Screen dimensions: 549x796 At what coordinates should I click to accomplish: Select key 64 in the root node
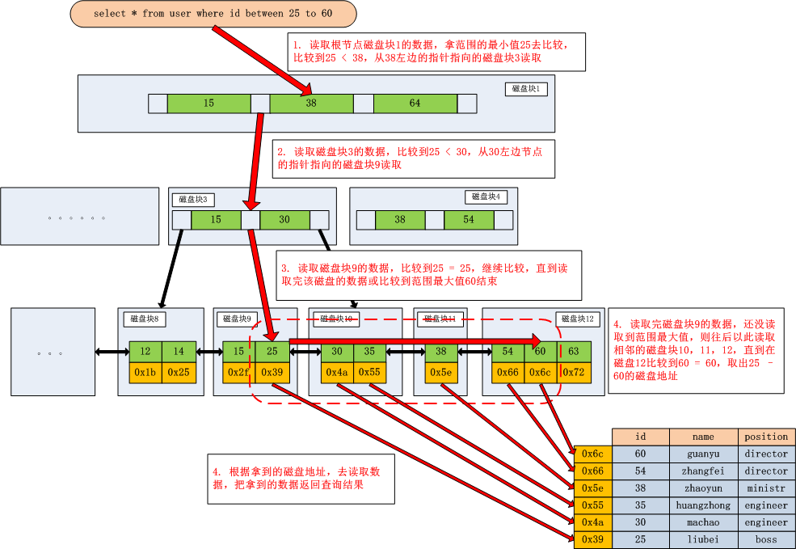pos(415,103)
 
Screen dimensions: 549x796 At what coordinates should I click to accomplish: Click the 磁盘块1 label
pos(530,89)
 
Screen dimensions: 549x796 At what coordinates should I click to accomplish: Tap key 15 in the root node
pos(208,103)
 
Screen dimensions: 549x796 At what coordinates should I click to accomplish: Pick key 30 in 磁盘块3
pos(284,220)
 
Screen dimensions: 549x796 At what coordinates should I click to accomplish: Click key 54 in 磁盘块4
pos(469,220)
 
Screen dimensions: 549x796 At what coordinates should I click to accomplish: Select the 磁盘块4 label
pos(486,196)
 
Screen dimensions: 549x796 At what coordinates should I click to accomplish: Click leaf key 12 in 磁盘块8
pos(145,352)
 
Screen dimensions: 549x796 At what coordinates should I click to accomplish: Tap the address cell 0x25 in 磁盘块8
pos(179,372)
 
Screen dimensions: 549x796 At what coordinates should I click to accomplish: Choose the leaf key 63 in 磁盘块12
pos(573,352)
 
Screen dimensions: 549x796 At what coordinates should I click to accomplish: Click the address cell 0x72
pos(573,372)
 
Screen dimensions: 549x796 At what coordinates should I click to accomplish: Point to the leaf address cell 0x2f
pos(238,372)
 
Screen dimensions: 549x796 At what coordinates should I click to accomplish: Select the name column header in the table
pos(703,437)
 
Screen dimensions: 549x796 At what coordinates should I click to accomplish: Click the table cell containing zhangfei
pos(703,471)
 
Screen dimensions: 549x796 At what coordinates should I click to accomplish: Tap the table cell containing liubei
pos(703,539)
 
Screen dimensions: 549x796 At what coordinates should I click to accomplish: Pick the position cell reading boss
pos(766,539)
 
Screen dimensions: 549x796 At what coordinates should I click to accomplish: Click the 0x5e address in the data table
pos(593,488)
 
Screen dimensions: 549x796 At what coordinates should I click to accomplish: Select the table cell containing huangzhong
pos(703,505)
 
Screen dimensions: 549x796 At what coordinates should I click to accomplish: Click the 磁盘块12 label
pos(577,319)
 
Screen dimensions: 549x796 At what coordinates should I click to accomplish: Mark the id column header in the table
pos(640,437)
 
